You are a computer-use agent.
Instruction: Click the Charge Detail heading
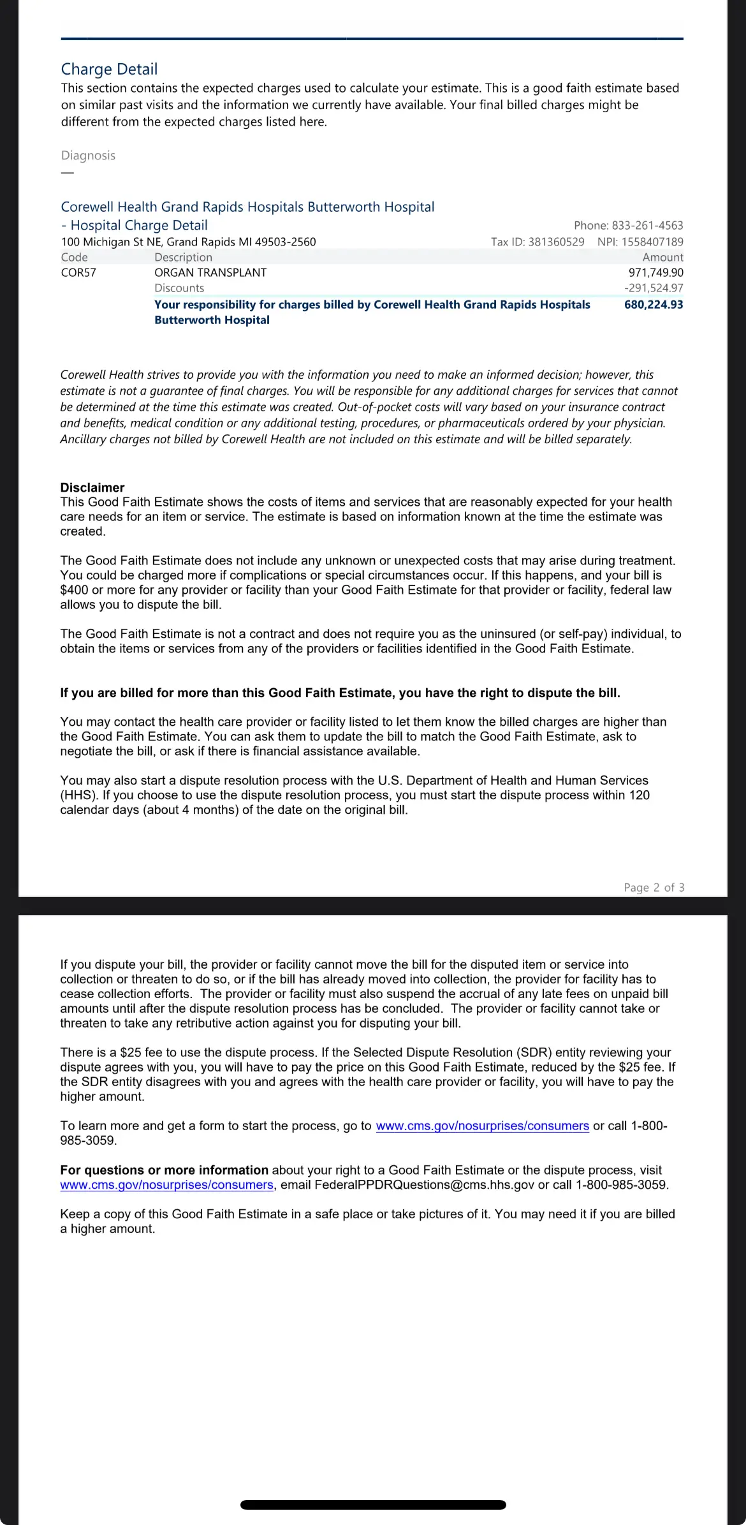click(109, 69)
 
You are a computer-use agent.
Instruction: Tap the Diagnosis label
click(88, 156)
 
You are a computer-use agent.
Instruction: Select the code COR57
click(78, 273)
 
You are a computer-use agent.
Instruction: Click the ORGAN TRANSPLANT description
click(210, 273)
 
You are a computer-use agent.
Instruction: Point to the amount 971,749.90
click(655, 273)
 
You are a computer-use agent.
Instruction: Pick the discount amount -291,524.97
click(654, 288)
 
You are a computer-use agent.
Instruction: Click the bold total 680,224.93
click(654, 305)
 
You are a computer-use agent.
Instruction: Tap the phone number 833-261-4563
click(647, 226)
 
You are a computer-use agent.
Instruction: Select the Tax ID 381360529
click(556, 242)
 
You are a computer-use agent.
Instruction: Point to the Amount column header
click(662, 258)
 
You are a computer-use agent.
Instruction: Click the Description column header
click(183, 258)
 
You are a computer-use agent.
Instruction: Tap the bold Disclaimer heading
click(92, 488)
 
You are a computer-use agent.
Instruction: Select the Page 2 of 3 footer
click(654, 888)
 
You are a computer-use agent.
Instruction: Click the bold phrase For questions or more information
click(164, 1170)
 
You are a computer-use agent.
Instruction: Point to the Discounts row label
click(179, 288)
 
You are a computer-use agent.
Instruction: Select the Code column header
click(75, 258)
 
